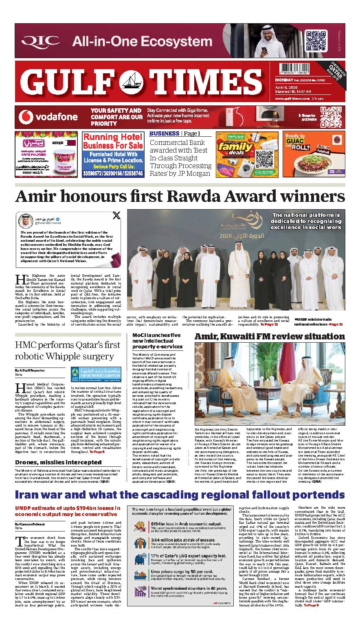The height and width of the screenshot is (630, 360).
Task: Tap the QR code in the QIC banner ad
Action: (x=316, y=41)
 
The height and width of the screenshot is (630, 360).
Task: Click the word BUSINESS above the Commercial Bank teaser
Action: (x=164, y=133)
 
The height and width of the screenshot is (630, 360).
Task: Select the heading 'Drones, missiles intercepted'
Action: (x=58, y=462)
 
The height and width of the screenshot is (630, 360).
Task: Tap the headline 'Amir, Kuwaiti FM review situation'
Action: (x=270, y=337)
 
